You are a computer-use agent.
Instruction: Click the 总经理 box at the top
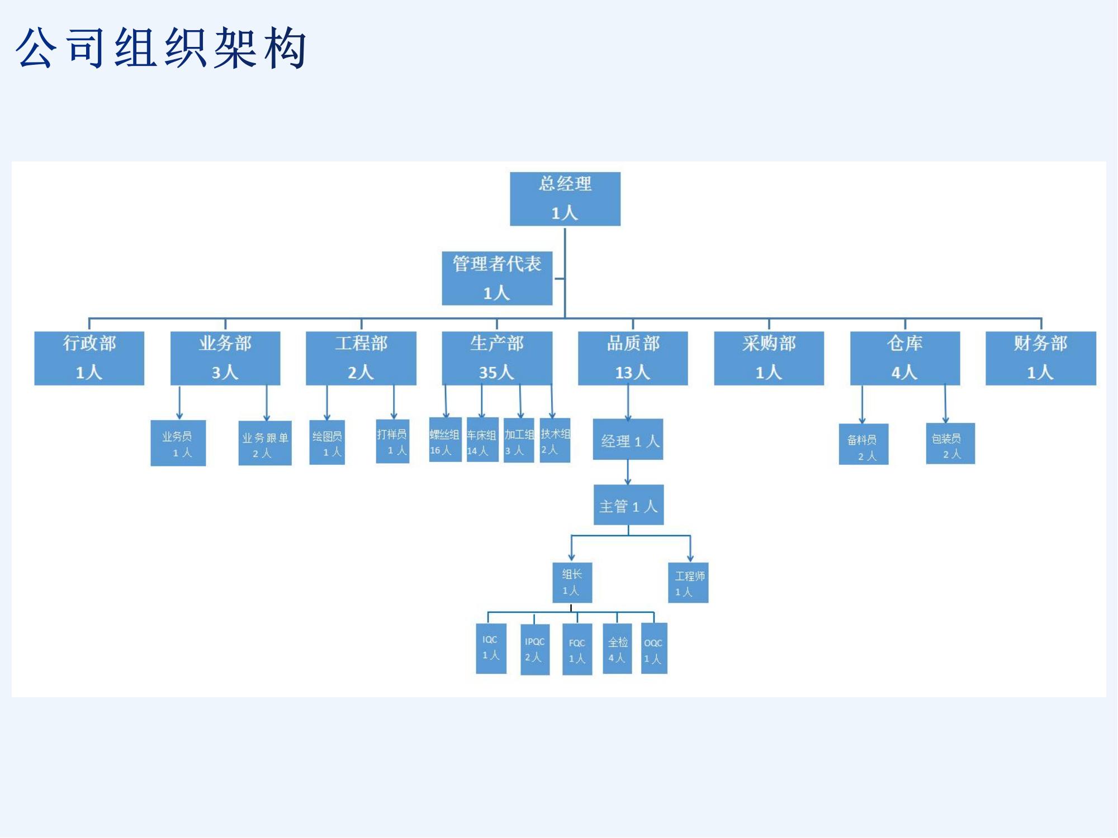(565, 199)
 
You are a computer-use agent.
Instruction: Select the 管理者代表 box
(497, 278)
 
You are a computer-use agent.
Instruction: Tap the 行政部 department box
(89, 358)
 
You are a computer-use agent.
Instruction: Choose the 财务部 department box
(1040, 358)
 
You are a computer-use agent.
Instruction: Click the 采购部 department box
(769, 358)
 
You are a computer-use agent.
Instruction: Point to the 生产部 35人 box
(497, 358)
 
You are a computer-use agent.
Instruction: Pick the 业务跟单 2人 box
(265, 443)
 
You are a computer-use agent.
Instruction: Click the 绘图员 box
(327, 442)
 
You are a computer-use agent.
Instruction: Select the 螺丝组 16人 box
(445, 440)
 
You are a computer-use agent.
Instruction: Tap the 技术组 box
(555, 440)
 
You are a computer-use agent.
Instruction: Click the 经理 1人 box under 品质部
(628, 440)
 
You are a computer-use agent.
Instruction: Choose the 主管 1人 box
(628, 505)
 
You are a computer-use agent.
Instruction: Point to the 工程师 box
(688, 583)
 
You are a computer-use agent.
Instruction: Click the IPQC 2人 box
(535, 649)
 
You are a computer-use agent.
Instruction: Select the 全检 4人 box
(617, 649)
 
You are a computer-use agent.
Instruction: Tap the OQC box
(653, 649)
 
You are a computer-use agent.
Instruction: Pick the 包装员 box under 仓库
(950, 444)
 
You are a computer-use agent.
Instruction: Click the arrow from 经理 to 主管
(628, 473)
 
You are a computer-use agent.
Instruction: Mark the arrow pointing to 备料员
(862, 404)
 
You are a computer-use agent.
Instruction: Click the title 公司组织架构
(161, 48)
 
